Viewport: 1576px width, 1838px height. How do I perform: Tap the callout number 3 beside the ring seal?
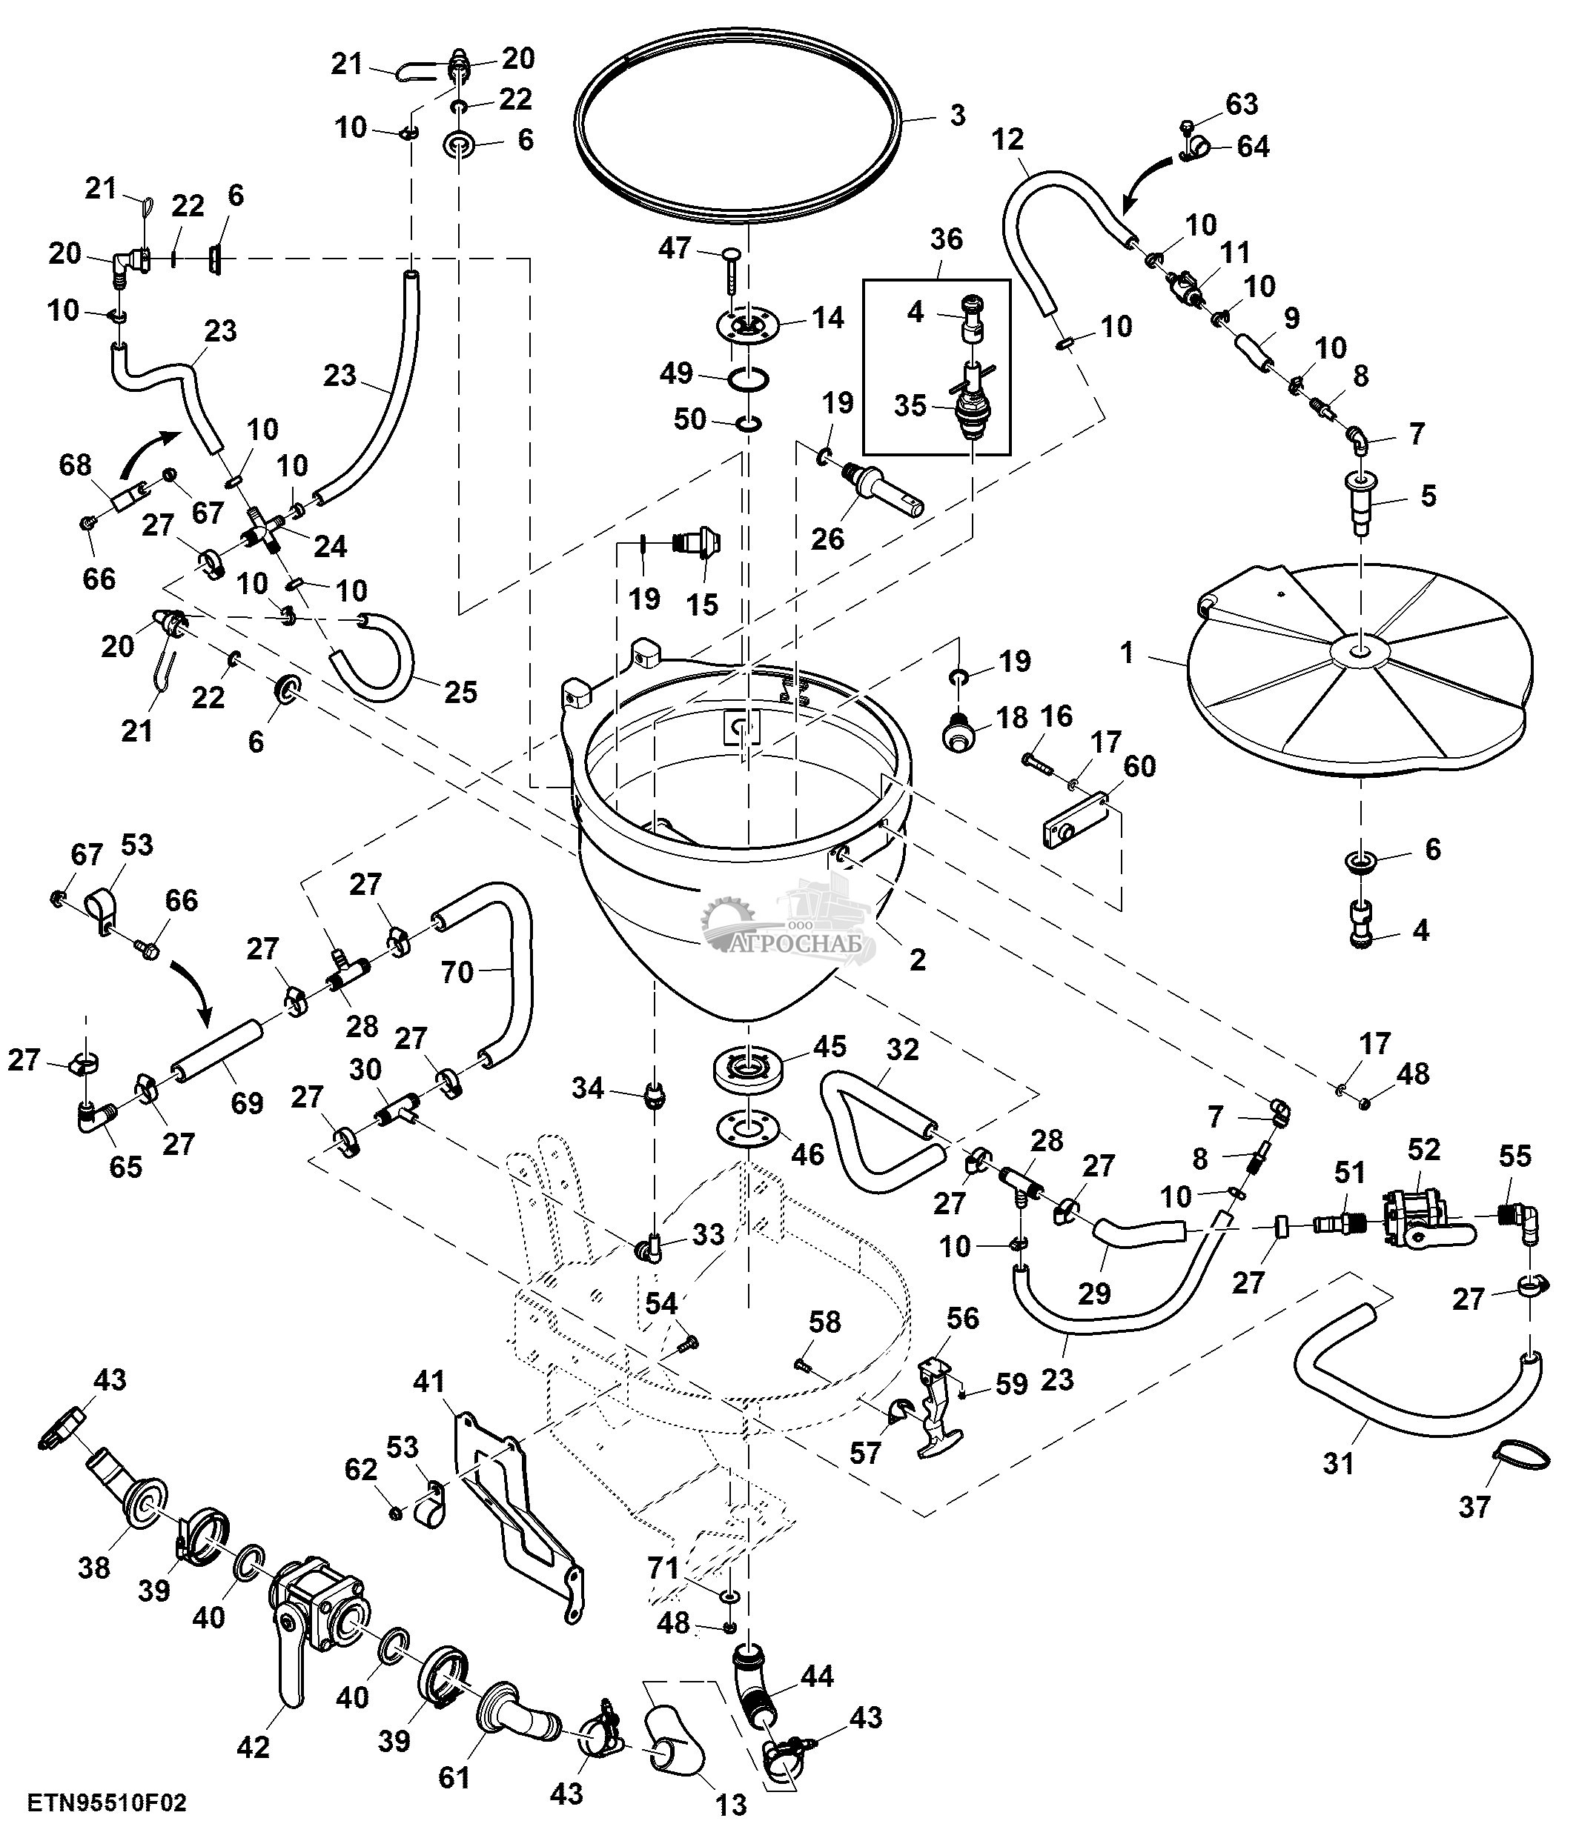point(956,116)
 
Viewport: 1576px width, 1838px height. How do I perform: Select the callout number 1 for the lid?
point(1127,653)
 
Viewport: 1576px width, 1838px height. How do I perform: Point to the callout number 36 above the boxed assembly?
point(946,239)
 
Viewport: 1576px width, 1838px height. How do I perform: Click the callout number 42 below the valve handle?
point(253,1747)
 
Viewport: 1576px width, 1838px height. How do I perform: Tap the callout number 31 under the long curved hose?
point(1338,1463)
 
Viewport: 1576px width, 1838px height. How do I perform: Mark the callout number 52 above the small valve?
point(1423,1150)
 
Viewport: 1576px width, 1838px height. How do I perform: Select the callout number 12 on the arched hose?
point(1007,139)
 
